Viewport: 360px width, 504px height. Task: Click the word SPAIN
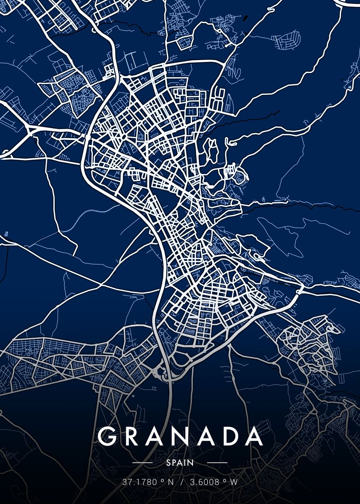180,462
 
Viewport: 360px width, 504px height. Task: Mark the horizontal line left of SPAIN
143,462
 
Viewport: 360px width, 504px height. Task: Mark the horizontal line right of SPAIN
217,462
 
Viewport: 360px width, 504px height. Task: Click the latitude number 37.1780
137,482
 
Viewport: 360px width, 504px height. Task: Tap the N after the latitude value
170,482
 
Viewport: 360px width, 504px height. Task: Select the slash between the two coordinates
181,482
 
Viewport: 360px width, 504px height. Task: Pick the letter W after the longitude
234,482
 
